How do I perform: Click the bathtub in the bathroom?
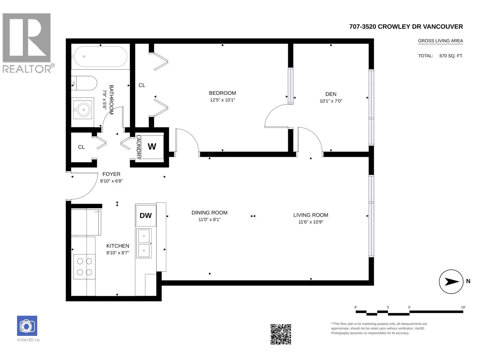(x=100, y=56)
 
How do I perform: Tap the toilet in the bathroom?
(x=84, y=83)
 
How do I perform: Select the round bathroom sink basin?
(x=83, y=109)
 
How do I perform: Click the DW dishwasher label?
(x=145, y=215)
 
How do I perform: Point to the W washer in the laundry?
(x=152, y=146)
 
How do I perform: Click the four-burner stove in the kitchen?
(x=84, y=267)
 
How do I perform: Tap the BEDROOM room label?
(x=222, y=93)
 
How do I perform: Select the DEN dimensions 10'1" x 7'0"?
(x=331, y=101)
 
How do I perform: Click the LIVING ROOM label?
(x=311, y=215)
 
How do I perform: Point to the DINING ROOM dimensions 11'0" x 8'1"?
(x=209, y=220)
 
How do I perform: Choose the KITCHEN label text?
(x=118, y=246)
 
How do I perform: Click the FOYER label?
(x=111, y=174)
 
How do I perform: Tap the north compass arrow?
(x=452, y=282)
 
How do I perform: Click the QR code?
(x=281, y=334)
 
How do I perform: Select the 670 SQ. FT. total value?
(x=451, y=56)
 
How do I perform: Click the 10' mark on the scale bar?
(x=463, y=307)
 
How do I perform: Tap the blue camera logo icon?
(x=27, y=326)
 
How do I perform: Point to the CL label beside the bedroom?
(x=142, y=85)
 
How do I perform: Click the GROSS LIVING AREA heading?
(x=440, y=41)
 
